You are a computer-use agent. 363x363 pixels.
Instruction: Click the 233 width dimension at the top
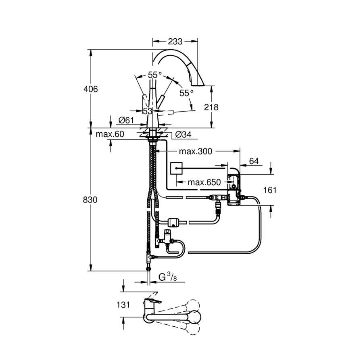pos(175,41)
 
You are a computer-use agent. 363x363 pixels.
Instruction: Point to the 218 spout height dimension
pos(211,107)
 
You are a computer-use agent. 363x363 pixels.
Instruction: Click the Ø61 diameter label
pos(126,120)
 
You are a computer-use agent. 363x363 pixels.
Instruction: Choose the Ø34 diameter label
pos(184,135)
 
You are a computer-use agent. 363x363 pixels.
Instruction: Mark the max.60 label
pos(110,134)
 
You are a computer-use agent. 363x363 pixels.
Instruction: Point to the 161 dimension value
pos(269,190)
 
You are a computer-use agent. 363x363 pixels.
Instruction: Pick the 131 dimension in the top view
pos(123,305)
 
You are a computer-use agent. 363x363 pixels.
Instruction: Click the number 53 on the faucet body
pos(147,111)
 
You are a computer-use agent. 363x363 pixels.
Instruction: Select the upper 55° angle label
pos(154,75)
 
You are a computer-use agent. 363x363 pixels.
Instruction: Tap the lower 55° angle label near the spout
pos(186,93)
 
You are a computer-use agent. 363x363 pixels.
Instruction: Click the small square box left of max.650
pos(176,167)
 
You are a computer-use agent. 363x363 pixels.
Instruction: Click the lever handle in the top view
pos(153,302)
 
